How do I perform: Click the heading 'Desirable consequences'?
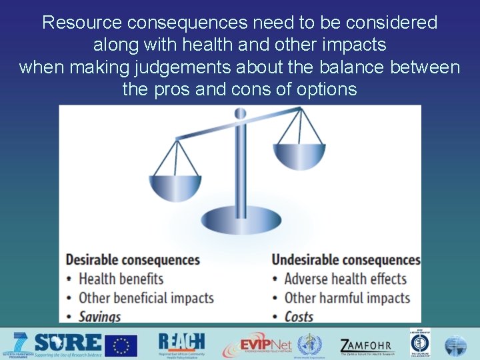pyautogui.click(x=132, y=259)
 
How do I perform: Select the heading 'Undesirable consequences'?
pyautogui.click(x=346, y=259)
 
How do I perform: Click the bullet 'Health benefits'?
pyautogui.click(x=121, y=278)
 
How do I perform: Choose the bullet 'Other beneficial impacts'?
pyautogui.click(x=146, y=297)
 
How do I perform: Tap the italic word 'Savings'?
pyautogui.click(x=99, y=317)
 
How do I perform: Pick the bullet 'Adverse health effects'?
pyautogui.click(x=345, y=278)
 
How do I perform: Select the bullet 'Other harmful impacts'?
pyautogui.click(x=347, y=297)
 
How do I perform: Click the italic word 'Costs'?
pyautogui.click(x=299, y=317)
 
